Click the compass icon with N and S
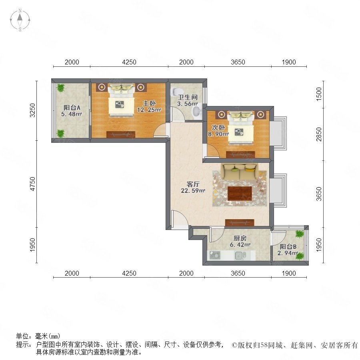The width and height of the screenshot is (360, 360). point(20,20)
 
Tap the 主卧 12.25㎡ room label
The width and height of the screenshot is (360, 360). point(149,106)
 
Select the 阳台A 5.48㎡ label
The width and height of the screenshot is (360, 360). point(72,111)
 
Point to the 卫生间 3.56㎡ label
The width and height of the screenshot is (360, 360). point(187,100)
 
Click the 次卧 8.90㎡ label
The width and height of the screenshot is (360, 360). point(218,130)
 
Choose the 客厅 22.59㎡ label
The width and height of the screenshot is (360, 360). point(193,187)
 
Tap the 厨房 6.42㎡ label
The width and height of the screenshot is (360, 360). point(240,242)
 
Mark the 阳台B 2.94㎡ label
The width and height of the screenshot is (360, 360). point(288,250)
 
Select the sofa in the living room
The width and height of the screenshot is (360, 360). point(240,172)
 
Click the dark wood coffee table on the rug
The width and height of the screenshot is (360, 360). point(240,193)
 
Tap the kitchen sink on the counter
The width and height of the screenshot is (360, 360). point(240,255)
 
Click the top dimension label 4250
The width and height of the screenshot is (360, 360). point(129,62)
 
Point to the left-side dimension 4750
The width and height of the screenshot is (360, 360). point(33,184)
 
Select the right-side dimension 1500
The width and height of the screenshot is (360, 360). point(319,94)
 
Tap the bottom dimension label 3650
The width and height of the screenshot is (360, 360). point(238,273)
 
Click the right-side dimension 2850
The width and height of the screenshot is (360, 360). point(319,134)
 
